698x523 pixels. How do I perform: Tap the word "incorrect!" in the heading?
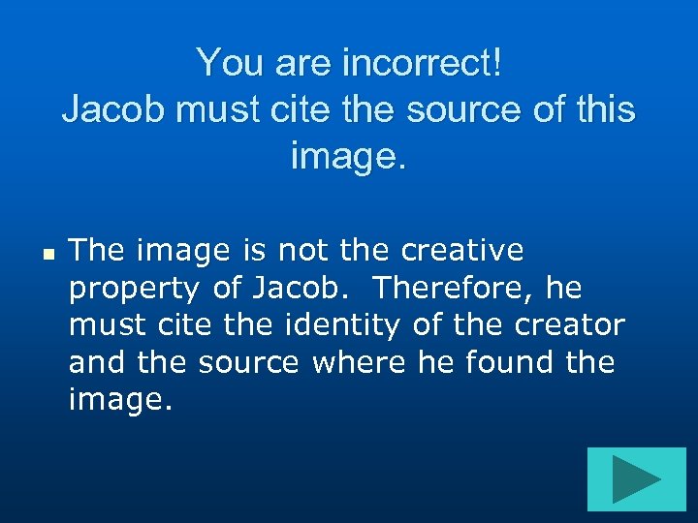coord(423,64)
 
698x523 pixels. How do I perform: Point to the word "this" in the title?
coord(602,109)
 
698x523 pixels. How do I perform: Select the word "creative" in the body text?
coord(462,251)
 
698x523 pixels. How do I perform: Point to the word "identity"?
coord(343,325)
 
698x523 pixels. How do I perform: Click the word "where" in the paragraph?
coord(361,362)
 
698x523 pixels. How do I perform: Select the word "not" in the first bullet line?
coord(301,251)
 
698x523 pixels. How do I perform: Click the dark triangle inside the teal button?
coord(634,478)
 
